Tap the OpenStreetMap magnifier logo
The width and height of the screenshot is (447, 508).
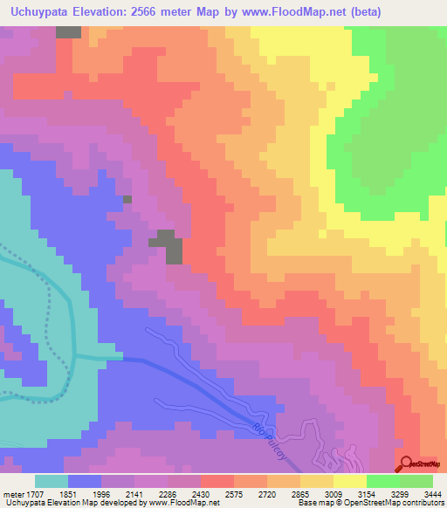(408, 463)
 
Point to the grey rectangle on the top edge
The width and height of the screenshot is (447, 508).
(68, 31)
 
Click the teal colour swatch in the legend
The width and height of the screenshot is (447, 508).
(52, 480)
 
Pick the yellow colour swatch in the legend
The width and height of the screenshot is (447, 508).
(349, 480)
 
